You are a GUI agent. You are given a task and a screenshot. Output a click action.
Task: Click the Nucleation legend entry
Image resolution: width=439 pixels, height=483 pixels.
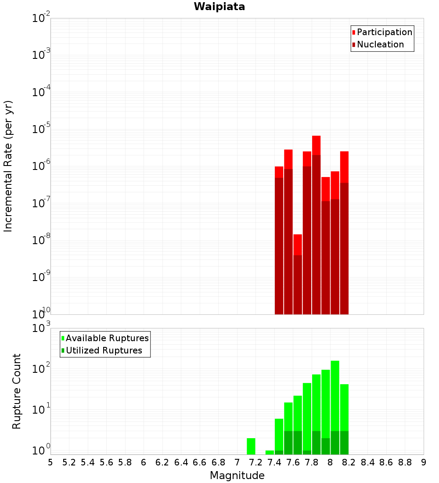click(x=380, y=44)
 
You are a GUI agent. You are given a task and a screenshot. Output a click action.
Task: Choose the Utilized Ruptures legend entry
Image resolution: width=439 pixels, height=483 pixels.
click(x=103, y=350)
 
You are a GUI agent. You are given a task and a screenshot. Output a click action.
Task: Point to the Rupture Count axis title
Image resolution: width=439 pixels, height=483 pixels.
click(x=17, y=391)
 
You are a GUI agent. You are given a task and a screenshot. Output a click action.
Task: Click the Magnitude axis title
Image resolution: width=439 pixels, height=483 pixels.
click(x=237, y=476)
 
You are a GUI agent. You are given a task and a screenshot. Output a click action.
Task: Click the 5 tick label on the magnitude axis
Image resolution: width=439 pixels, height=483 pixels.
click(x=50, y=462)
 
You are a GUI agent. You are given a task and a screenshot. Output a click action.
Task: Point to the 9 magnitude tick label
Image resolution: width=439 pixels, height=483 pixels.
click(x=424, y=462)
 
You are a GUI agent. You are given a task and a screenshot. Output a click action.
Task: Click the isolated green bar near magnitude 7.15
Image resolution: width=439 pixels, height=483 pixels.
click(x=251, y=446)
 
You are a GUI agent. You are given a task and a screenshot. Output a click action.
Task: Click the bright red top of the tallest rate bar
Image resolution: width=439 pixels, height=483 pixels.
click(x=316, y=145)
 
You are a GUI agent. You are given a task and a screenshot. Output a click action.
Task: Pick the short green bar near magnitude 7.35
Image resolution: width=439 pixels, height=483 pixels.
click(x=270, y=452)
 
